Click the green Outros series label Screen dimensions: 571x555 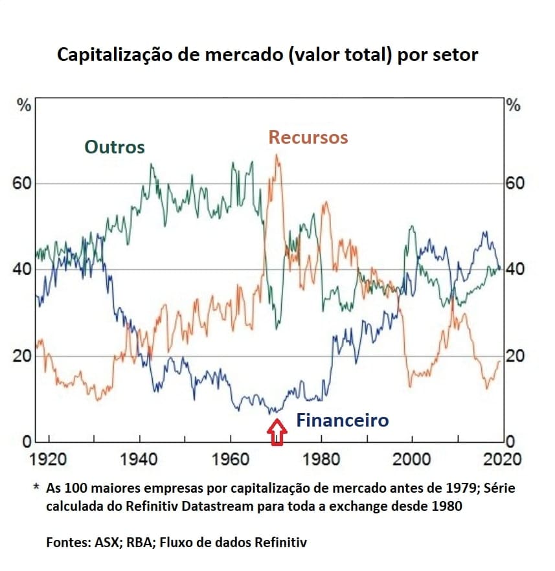[114, 147]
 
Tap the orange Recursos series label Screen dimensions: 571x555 [308, 137]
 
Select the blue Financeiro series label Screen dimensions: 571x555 [343, 421]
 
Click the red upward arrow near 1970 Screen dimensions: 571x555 [277, 432]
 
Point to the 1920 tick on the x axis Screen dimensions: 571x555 [48, 459]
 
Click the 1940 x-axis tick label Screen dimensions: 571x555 [139, 459]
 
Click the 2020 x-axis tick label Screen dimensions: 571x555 [501, 459]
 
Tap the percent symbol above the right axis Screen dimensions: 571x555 [514, 106]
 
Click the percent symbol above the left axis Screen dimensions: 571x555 [24, 106]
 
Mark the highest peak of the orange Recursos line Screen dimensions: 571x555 [277, 155]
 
